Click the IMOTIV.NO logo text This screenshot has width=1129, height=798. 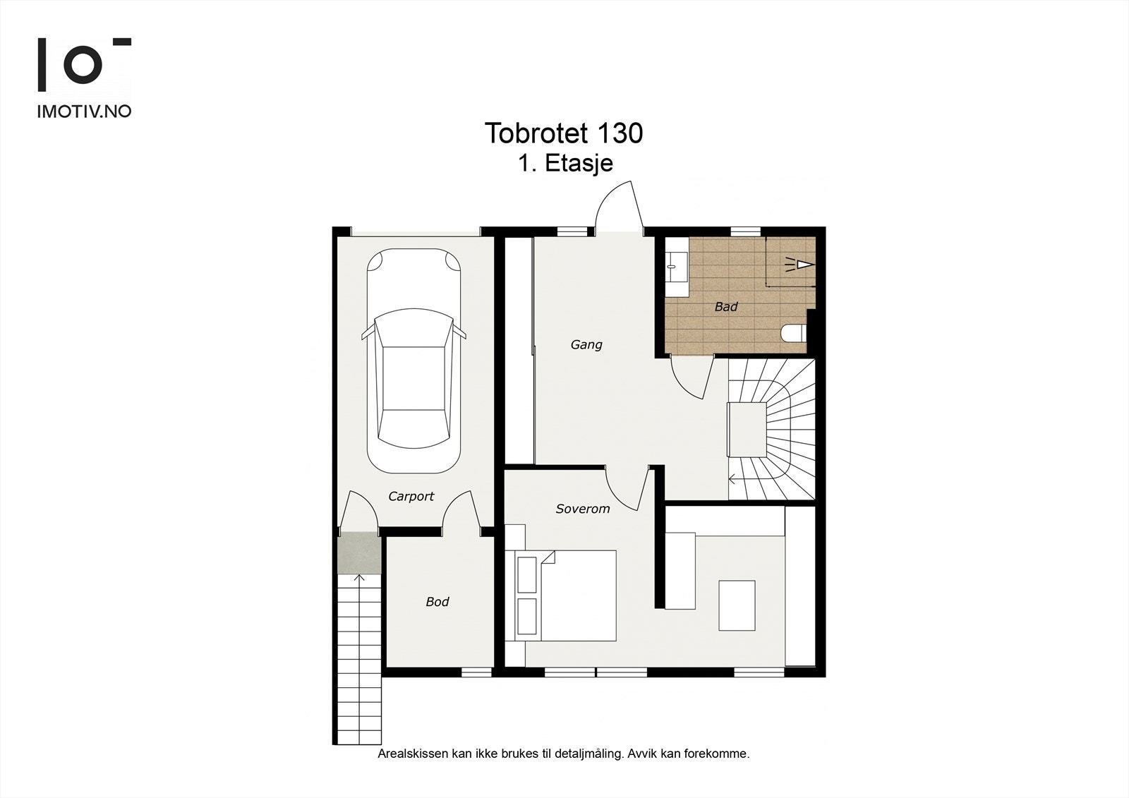pos(84,111)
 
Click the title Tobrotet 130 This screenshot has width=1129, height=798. pos(564,133)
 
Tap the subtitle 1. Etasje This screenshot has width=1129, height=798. pos(566,163)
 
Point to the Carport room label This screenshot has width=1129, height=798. pos(411,497)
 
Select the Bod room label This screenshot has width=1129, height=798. pos(437,601)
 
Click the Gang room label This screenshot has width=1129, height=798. pos(586,345)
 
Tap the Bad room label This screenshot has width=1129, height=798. pos(726,306)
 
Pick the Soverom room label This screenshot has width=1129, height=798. pos(583,509)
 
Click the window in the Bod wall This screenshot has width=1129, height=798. pos(476,672)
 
